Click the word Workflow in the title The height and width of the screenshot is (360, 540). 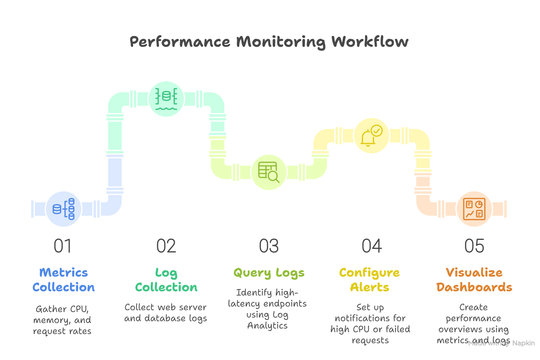(370, 42)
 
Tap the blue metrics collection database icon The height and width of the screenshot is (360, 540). (64, 209)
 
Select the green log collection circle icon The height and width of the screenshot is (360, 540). (166, 99)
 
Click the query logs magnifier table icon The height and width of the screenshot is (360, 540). (269, 172)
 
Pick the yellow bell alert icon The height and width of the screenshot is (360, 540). (371, 135)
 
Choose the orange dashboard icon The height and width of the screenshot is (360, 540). (474, 209)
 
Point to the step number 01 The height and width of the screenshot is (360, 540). (63, 246)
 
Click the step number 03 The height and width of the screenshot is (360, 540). (269, 246)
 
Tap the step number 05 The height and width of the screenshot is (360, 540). (474, 246)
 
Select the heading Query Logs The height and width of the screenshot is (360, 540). (269, 273)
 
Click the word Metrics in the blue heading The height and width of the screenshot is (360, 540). (64, 272)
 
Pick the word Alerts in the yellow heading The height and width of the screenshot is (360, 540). (370, 287)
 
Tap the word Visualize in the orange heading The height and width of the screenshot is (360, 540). (474, 272)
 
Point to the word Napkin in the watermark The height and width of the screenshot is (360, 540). (523, 343)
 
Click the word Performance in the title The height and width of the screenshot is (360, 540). (180, 42)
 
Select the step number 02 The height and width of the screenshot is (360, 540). (166, 246)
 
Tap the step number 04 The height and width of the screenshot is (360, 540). (371, 246)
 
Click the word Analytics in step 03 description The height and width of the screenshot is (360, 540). (267, 326)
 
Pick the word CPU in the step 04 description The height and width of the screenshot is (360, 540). (361, 329)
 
